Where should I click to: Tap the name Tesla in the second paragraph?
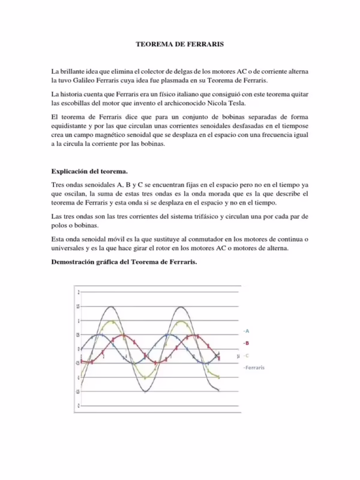pyautogui.click(x=230, y=102)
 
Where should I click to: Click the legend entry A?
pyautogui.click(x=246, y=331)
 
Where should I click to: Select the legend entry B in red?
pyautogui.click(x=246, y=343)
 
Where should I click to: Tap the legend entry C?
pyautogui.click(x=246, y=355)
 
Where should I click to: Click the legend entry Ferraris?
pyautogui.click(x=254, y=367)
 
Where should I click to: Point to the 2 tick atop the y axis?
pyautogui.click(x=77, y=292)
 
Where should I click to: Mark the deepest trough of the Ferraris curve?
pyautogui.click(x=145, y=392)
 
